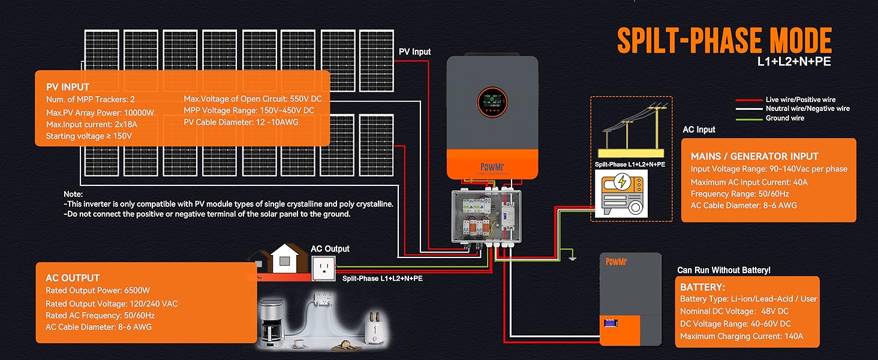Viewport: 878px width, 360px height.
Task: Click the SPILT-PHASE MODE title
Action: (x=724, y=41)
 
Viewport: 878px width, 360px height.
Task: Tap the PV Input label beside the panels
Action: (x=414, y=52)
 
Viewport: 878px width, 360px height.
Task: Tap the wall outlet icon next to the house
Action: (x=324, y=268)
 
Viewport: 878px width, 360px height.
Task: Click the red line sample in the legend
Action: (x=748, y=100)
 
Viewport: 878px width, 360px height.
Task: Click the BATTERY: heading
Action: (x=702, y=287)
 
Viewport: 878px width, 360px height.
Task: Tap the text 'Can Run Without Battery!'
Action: (x=724, y=271)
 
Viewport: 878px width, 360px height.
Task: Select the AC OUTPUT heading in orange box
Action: (x=73, y=278)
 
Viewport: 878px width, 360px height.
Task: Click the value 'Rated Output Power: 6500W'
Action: (x=98, y=291)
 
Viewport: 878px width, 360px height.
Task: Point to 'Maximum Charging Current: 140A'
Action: (x=741, y=337)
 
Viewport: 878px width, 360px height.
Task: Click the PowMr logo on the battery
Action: (x=616, y=261)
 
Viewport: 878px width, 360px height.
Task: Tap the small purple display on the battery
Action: (x=611, y=324)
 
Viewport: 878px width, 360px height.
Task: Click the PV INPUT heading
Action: (x=68, y=87)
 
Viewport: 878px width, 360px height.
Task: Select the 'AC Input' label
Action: (x=699, y=130)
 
